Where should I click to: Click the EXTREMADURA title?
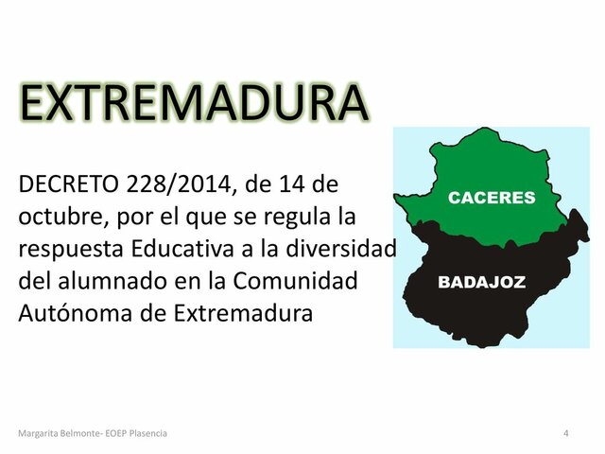193,104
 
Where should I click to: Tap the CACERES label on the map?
491,198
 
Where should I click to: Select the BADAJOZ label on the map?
481,282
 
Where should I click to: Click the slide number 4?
565,432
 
